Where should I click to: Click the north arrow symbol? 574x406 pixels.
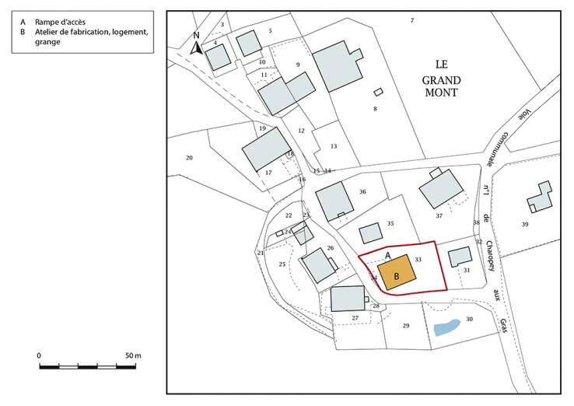[x=198, y=44]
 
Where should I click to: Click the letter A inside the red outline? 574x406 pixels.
[x=387, y=254]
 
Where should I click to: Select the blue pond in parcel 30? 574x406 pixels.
[x=446, y=327]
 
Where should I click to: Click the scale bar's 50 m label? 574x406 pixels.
[x=131, y=355]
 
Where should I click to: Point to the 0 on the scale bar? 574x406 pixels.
[x=39, y=355]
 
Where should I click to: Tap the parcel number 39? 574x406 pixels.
[x=525, y=224]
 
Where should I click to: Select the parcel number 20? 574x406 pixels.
[x=188, y=158]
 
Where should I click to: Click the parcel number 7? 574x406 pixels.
[x=412, y=20]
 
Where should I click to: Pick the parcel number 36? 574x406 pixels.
[x=362, y=192]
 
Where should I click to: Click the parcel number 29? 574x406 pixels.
[x=405, y=325]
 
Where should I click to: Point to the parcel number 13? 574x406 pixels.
[x=333, y=146]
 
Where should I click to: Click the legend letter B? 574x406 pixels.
[x=23, y=33]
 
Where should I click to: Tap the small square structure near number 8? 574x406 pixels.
[x=378, y=92]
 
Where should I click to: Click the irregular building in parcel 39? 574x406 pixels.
[x=539, y=197]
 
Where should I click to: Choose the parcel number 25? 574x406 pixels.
[x=282, y=265]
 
